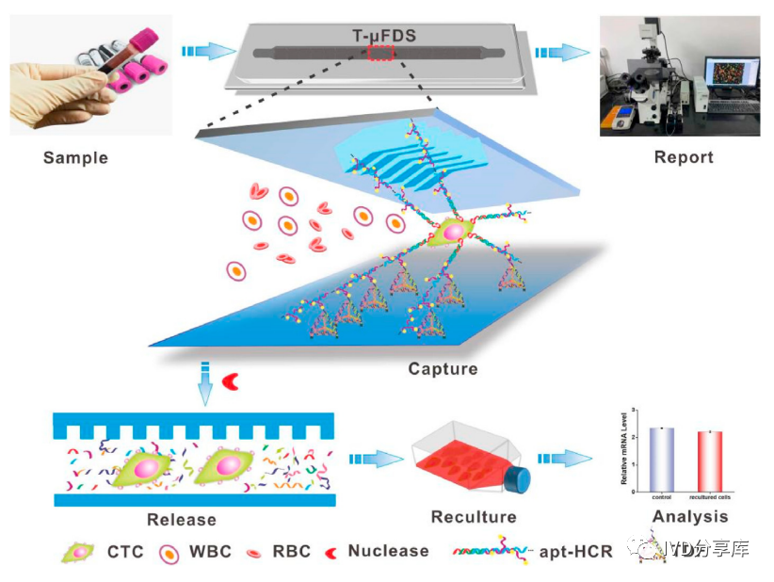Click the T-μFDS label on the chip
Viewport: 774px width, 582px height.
[x=380, y=37]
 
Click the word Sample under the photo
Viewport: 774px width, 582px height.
[x=75, y=157]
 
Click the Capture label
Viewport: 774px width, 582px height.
[x=443, y=368]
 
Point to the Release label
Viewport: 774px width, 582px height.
[x=182, y=519]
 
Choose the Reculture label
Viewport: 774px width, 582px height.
[x=474, y=517]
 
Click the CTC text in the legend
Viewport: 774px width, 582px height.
[x=125, y=551]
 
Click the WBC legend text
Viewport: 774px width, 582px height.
[x=210, y=551]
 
